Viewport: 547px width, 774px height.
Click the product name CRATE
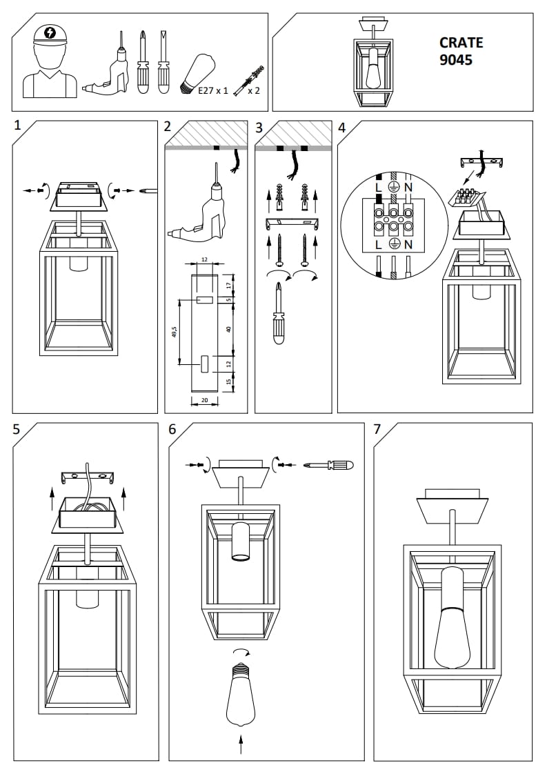click(461, 43)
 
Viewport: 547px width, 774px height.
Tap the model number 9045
click(456, 60)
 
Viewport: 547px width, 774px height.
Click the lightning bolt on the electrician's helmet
click(50, 32)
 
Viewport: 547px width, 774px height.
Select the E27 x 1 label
click(212, 90)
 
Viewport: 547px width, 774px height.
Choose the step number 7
click(377, 429)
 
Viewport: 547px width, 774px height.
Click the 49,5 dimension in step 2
click(175, 332)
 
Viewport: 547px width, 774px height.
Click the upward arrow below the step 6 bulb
click(241, 744)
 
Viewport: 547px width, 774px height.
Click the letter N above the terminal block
click(408, 187)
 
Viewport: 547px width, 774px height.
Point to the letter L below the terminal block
click(377, 244)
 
